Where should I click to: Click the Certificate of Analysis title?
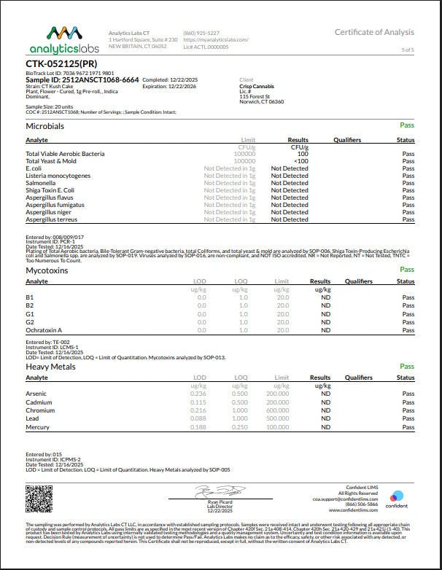pos(374,32)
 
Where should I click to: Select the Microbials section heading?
pos(45,126)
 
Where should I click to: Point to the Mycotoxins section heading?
pos(47,270)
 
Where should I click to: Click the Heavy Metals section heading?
pos(50,367)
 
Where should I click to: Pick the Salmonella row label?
pos(41,183)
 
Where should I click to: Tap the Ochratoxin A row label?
pos(44,329)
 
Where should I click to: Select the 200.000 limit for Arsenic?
pos(277,394)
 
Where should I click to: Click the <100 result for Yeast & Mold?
pos(301,161)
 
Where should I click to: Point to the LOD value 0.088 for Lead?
pos(198,418)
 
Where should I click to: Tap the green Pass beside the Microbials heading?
pos(407,125)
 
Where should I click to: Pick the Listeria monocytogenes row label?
pos(58,176)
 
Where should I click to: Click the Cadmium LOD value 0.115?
pos(198,402)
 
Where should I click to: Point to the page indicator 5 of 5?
pos(407,50)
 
